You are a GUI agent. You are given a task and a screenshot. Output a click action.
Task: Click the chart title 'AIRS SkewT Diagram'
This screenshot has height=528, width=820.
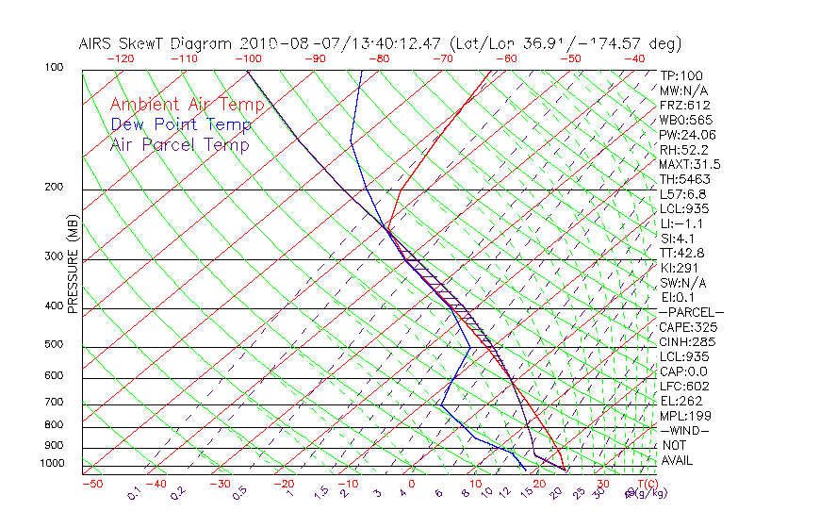(156, 44)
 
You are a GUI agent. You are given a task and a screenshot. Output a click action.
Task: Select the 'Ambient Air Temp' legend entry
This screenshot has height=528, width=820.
(187, 105)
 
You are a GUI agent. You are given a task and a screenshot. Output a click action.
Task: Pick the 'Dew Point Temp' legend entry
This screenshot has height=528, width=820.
(181, 124)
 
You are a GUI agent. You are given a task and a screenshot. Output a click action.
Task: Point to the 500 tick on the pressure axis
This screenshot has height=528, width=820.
(55, 345)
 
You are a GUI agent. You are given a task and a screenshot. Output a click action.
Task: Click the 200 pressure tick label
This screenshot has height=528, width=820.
(55, 187)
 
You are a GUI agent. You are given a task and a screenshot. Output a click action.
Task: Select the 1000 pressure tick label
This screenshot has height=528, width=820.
(52, 464)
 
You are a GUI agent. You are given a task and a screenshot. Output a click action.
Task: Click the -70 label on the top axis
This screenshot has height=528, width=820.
(441, 58)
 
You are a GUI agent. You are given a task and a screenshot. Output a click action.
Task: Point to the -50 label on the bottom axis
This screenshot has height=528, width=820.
(91, 484)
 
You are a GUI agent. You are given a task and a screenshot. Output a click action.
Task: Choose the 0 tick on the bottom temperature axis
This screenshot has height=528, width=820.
(412, 484)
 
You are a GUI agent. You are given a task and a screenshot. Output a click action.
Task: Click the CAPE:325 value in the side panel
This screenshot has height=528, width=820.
(684, 327)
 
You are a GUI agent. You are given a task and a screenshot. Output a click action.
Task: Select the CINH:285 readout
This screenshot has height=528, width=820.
(684, 341)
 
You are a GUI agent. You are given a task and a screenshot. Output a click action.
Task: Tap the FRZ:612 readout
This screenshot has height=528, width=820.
(684, 106)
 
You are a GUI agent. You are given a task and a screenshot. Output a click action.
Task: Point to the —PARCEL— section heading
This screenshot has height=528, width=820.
(691, 312)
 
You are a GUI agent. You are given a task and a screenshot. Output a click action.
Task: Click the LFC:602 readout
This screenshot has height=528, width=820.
(683, 386)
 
